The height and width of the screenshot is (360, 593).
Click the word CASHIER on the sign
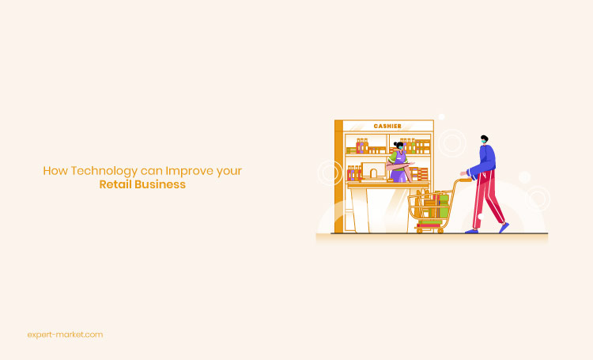tap(387, 126)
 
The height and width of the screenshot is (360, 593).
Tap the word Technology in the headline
tap(104, 171)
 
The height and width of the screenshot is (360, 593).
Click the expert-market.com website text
tap(65, 335)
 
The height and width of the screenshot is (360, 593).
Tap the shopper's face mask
tap(483, 142)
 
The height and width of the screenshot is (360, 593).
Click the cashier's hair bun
tap(395, 143)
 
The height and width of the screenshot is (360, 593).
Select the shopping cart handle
tap(463, 180)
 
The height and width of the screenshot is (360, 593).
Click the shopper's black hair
tap(485, 138)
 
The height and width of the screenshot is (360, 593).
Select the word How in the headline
tap(55, 171)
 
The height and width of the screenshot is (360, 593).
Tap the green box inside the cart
tap(444, 206)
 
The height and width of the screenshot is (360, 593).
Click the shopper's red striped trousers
tap(487, 199)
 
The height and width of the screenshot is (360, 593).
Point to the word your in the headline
tap(229, 172)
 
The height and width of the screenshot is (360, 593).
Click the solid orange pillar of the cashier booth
tap(338, 176)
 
